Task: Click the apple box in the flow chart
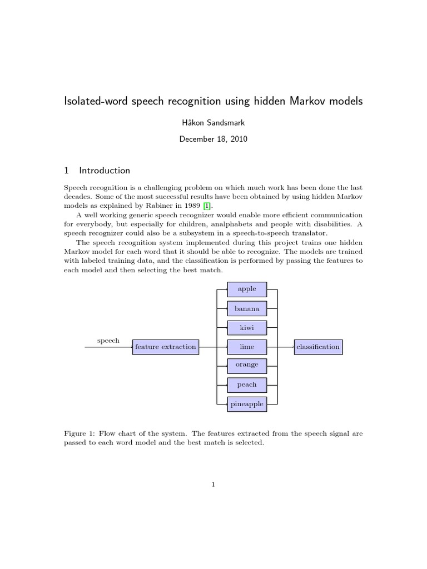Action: point(247,290)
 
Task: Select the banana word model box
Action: point(247,308)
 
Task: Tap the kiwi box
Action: point(247,328)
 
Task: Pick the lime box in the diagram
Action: point(247,347)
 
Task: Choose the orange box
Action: point(247,365)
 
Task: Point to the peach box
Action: point(247,385)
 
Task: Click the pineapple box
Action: point(247,404)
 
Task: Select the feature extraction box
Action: point(166,347)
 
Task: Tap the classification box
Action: point(318,347)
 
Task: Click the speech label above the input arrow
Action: point(108,340)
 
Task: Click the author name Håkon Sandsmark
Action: point(213,122)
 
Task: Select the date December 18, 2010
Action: point(213,139)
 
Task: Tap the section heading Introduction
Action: point(105,171)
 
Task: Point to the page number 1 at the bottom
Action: point(213,485)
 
